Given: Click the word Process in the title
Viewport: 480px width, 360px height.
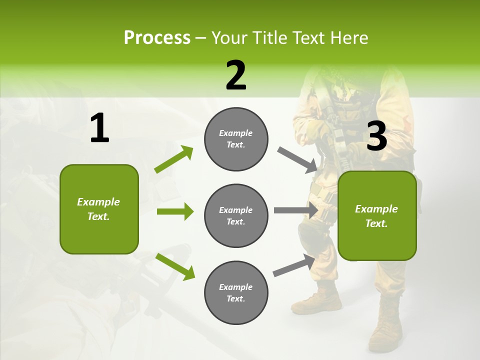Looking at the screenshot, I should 157,38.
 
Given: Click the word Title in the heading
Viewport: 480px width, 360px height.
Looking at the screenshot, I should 269,38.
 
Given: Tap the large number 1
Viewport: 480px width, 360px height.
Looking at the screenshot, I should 99,128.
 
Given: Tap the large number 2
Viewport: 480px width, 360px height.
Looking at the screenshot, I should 236,75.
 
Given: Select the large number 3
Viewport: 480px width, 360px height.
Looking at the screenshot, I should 376,136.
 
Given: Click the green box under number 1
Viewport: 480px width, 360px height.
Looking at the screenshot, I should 99,209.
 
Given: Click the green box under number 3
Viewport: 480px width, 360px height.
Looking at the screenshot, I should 377,216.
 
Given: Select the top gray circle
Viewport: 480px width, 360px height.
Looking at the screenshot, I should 236,139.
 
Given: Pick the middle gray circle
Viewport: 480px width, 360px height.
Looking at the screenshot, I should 236,215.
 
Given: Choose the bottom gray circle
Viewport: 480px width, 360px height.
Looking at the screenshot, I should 236,292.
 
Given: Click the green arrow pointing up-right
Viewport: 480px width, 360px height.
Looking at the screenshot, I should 174,159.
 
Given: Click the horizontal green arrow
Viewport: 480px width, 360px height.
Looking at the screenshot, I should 175,212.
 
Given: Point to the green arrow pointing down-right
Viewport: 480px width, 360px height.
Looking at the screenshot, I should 175,266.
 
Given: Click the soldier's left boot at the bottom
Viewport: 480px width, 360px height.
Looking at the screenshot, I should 385,325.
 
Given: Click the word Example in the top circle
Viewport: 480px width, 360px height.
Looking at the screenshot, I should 235,133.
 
